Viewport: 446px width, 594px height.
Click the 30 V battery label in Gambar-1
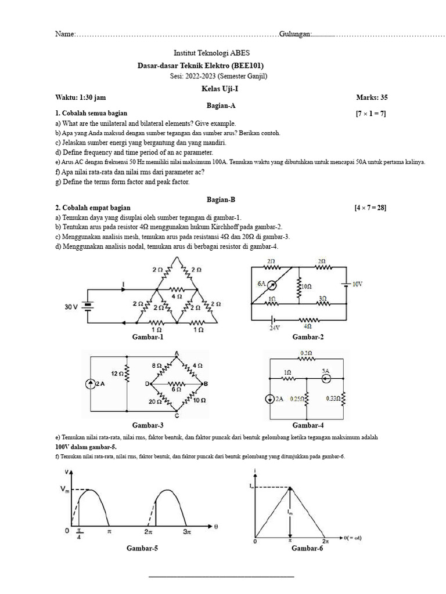[71, 307]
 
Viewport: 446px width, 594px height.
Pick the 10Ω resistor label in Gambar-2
[305, 287]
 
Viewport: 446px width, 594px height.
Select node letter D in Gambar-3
[148, 383]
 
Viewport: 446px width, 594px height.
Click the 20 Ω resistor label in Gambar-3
[154, 401]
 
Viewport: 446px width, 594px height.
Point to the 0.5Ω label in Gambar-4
[305, 353]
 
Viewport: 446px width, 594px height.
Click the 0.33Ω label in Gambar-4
[332, 399]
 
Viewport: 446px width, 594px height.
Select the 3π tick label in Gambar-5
[185, 531]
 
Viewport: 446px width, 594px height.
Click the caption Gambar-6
[307, 548]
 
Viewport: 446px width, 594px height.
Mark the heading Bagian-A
[221, 106]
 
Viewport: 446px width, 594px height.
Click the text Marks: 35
[372, 97]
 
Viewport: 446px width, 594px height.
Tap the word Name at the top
[64, 34]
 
